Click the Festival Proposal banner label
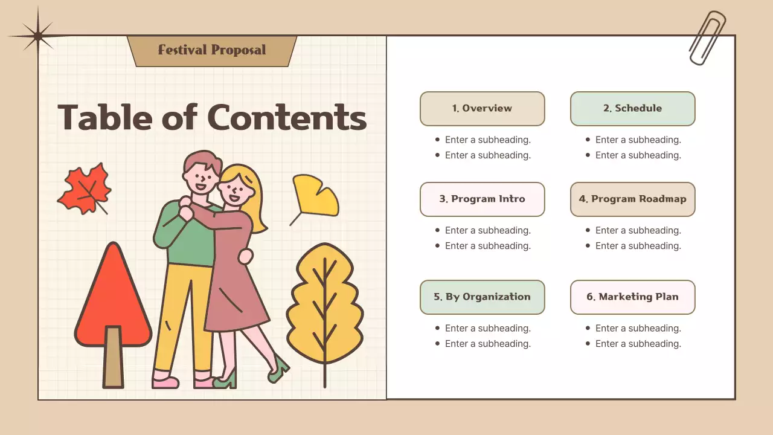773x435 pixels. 211,50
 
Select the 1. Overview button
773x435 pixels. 482,109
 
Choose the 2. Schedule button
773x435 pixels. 632,109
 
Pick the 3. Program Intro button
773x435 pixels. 482,199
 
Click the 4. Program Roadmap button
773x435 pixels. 632,199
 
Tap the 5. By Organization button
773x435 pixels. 482,297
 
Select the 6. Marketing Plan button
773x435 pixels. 632,297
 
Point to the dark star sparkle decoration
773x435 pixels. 37,36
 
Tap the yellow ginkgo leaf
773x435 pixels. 315,195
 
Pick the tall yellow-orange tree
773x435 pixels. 325,308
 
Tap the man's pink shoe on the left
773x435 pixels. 165,382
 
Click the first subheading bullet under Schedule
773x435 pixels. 638,140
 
